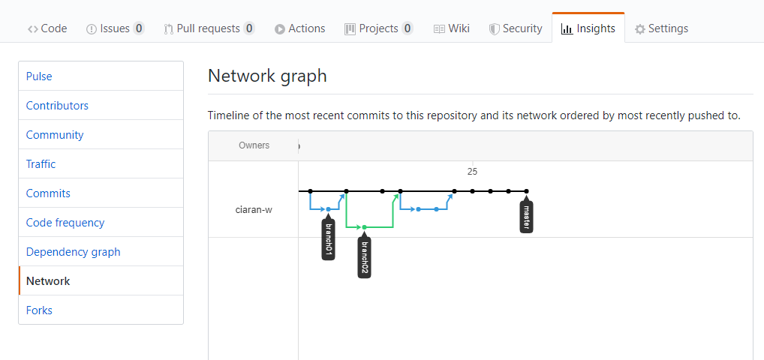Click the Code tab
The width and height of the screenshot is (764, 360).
click(x=47, y=28)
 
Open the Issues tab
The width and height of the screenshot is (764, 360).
click(x=115, y=28)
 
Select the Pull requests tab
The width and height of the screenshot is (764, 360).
click(x=209, y=28)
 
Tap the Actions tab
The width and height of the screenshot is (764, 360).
click(x=299, y=28)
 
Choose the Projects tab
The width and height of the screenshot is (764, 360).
click(x=378, y=28)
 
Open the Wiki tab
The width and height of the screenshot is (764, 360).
click(x=451, y=28)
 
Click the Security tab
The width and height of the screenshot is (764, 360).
click(x=516, y=28)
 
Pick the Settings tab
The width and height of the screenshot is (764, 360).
click(x=661, y=28)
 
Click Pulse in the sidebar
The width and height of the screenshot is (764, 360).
click(x=39, y=76)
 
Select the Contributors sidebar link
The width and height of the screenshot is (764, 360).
click(x=57, y=106)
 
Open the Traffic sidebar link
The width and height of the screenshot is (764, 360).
click(x=41, y=164)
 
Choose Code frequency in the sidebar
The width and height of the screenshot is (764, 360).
click(x=65, y=223)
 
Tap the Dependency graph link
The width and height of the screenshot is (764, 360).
click(x=73, y=252)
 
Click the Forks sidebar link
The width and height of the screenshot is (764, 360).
click(x=39, y=310)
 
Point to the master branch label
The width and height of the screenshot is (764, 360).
click(x=526, y=217)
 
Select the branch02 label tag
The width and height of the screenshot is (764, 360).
click(x=365, y=257)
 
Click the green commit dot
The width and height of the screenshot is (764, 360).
click(x=365, y=227)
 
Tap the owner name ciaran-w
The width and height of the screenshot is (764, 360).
click(x=254, y=211)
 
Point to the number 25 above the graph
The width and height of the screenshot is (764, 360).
click(x=472, y=172)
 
